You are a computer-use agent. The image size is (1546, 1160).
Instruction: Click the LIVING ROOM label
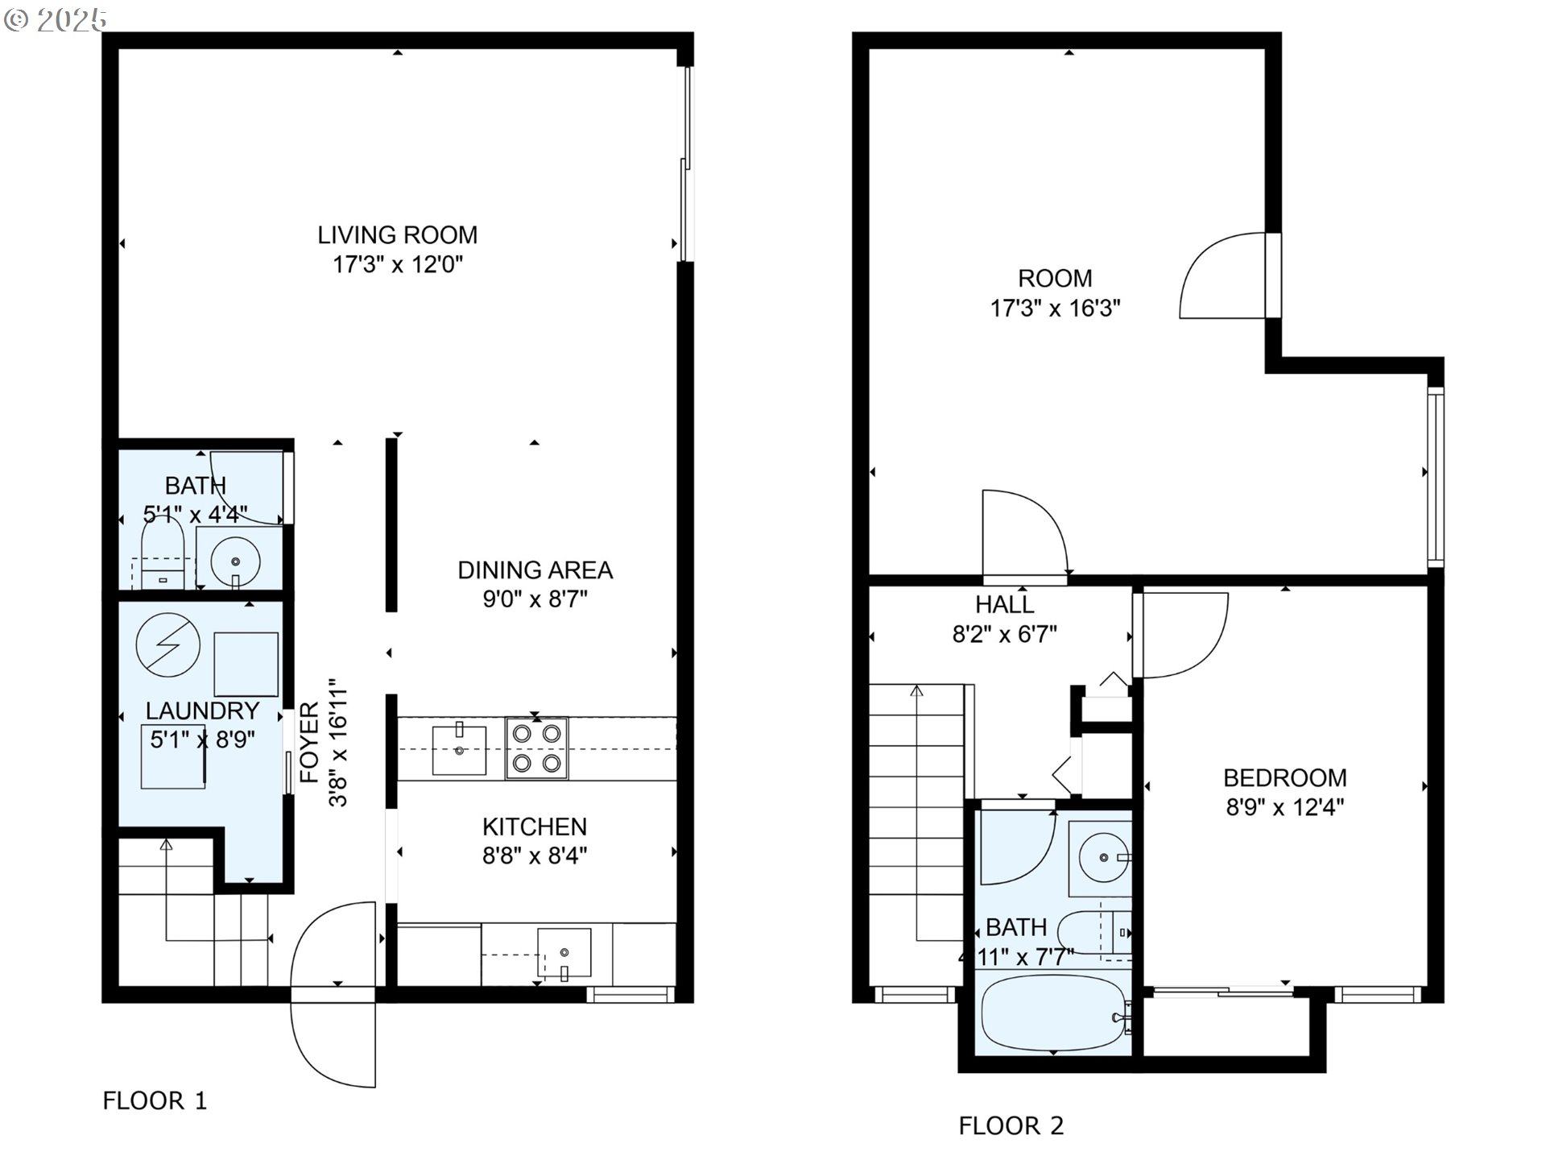click(x=397, y=235)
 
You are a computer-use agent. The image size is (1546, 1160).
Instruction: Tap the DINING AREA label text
click(x=535, y=570)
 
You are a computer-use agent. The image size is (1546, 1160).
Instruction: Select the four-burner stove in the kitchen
click(x=536, y=748)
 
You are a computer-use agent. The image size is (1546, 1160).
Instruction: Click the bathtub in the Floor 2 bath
click(x=1053, y=1013)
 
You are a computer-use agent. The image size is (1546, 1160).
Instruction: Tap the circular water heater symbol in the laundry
click(x=168, y=645)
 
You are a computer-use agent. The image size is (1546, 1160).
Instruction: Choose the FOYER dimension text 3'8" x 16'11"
click(x=337, y=742)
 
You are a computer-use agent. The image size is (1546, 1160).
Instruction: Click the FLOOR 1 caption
click(x=155, y=1100)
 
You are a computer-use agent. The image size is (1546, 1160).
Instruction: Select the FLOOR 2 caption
click(x=1011, y=1125)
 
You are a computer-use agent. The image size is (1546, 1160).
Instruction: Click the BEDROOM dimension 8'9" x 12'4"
click(x=1285, y=807)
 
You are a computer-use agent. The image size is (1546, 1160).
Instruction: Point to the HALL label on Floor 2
click(x=1005, y=604)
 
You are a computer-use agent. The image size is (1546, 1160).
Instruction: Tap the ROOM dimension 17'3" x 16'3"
click(x=1055, y=309)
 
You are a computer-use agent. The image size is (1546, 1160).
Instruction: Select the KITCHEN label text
click(x=535, y=826)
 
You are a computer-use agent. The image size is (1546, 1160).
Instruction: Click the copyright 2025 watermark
click(x=55, y=20)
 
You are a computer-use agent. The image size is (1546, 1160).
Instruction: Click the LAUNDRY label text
click(x=202, y=710)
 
